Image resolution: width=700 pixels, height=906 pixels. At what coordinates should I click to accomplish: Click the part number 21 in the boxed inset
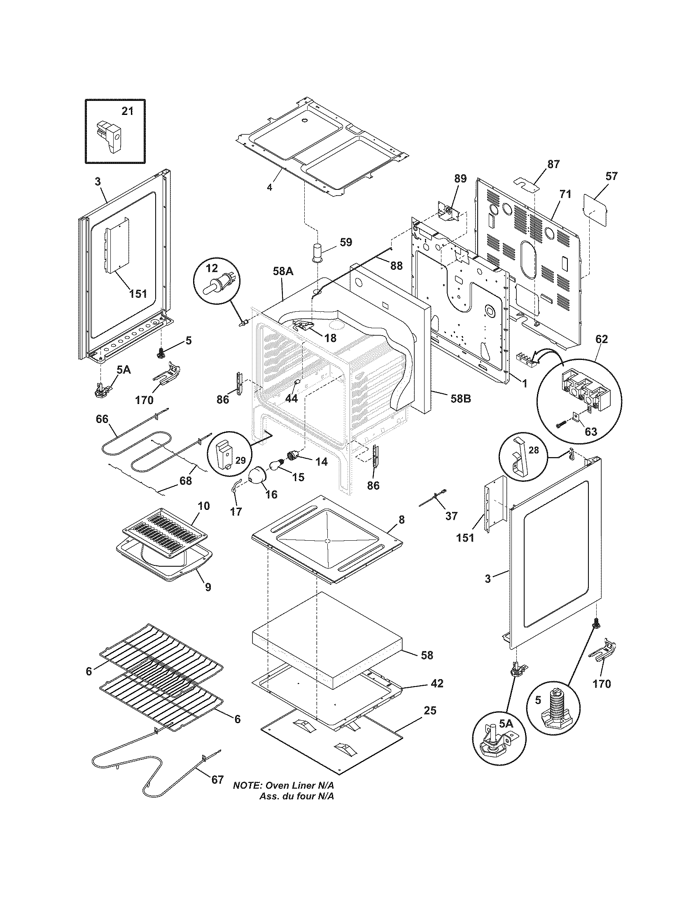pos(127,111)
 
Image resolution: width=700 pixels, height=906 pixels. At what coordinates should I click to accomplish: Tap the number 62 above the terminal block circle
pos(601,339)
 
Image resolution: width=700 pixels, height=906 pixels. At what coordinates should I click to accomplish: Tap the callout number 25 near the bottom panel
pos(430,711)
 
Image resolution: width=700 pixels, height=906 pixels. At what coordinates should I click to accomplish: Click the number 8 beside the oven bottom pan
pos(401,520)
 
